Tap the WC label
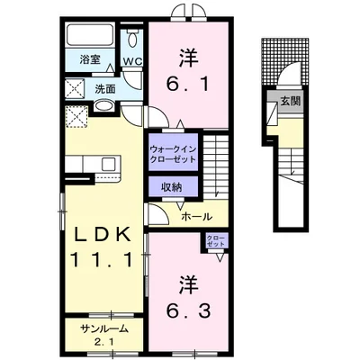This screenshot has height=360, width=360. pos(132,61)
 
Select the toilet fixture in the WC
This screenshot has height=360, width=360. pos(132,40)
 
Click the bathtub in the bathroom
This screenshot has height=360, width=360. pos(89,38)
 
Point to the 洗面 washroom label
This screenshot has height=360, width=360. pos(104,89)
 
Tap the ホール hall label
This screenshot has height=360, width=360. pos(197,217)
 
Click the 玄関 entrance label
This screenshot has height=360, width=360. pos(290,101)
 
